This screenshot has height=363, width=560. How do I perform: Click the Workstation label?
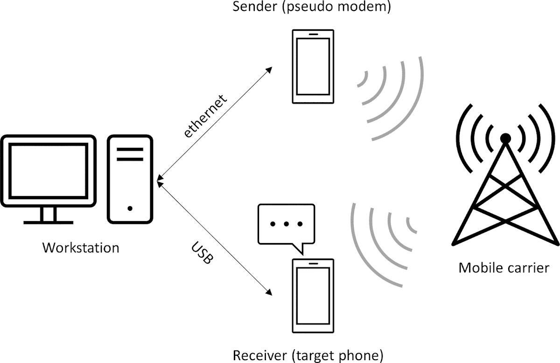click(81, 247)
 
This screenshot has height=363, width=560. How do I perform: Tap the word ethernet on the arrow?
click(205, 116)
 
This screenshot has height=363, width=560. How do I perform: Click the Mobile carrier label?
click(504, 268)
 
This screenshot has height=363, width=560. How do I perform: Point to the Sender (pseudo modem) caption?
click(313, 7)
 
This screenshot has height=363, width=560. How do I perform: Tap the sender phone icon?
click(313, 67)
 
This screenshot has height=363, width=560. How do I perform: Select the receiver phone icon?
click(313, 295)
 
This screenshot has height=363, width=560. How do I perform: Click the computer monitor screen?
click(48, 171)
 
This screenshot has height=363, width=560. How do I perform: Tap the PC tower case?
click(130, 179)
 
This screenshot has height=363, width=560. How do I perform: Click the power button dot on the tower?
click(130, 208)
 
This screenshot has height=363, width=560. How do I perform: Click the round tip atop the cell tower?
click(505, 139)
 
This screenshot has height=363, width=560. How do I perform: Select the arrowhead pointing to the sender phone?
click(269, 70)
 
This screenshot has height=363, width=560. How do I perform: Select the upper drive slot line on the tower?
click(130, 150)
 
